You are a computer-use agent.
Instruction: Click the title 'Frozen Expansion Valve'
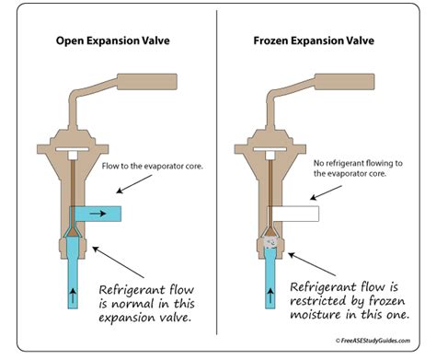[x=319, y=41]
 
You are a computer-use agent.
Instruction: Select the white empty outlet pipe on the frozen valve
[x=297, y=214]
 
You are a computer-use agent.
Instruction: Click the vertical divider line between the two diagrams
[x=218, y=184]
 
